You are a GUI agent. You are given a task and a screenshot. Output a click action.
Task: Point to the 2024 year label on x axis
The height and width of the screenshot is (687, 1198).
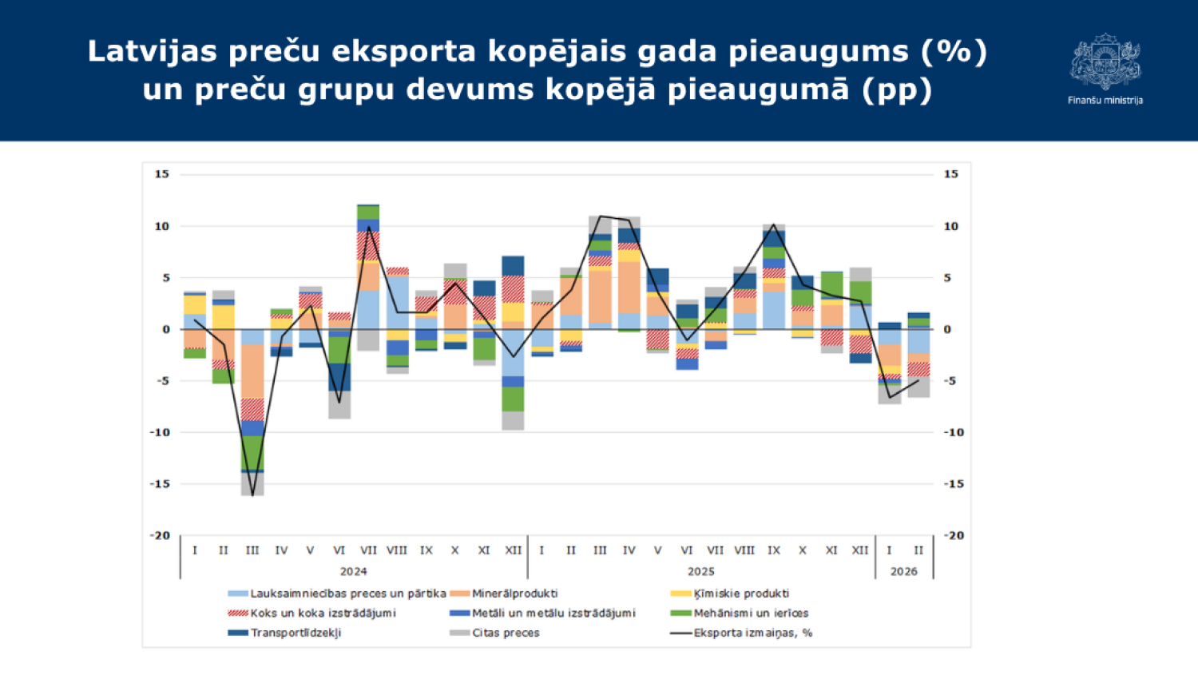tap(353, 571)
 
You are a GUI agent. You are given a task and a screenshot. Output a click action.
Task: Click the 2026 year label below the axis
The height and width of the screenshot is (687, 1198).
tap(903, 571)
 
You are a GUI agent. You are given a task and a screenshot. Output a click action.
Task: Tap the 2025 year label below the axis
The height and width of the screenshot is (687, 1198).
tap(700, 571)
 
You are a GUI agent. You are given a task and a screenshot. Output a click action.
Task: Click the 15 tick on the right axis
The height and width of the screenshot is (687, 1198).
tap(950, 174)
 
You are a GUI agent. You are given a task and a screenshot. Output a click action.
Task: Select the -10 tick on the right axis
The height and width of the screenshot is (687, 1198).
tap(954, 432)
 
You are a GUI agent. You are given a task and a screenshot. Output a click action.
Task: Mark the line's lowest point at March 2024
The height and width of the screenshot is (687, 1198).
tap(252, 495)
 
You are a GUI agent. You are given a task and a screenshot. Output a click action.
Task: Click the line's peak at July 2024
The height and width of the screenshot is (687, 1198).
tap(368, 227)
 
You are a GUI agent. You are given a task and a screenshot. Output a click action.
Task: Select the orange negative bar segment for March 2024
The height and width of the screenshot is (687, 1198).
tap(252, 371)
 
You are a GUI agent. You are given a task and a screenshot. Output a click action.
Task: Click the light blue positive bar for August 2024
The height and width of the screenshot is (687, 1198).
tap(397, 303)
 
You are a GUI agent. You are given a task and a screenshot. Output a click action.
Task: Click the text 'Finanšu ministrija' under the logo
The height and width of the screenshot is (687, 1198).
tap(1105, 101)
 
